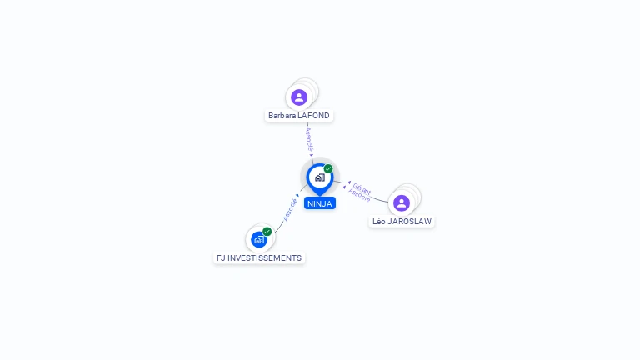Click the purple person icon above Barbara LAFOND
(299, 97)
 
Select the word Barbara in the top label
(282, 116)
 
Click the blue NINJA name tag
(320, 203)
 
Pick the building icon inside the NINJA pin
(319, 177)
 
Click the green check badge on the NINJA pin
(328, 168)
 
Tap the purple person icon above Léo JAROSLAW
(402, 203)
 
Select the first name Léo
(379, 222)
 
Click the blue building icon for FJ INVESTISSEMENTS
(259, 239)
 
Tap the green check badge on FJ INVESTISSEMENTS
(267, 231)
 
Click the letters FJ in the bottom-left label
(221, 258)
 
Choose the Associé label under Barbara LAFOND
(308, 137)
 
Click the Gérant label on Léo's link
(362, 188)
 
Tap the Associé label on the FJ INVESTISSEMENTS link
(290, 208)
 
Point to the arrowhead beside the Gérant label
(349, 182)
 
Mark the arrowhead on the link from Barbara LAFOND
(312, 154)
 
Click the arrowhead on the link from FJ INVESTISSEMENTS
(298, 196)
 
